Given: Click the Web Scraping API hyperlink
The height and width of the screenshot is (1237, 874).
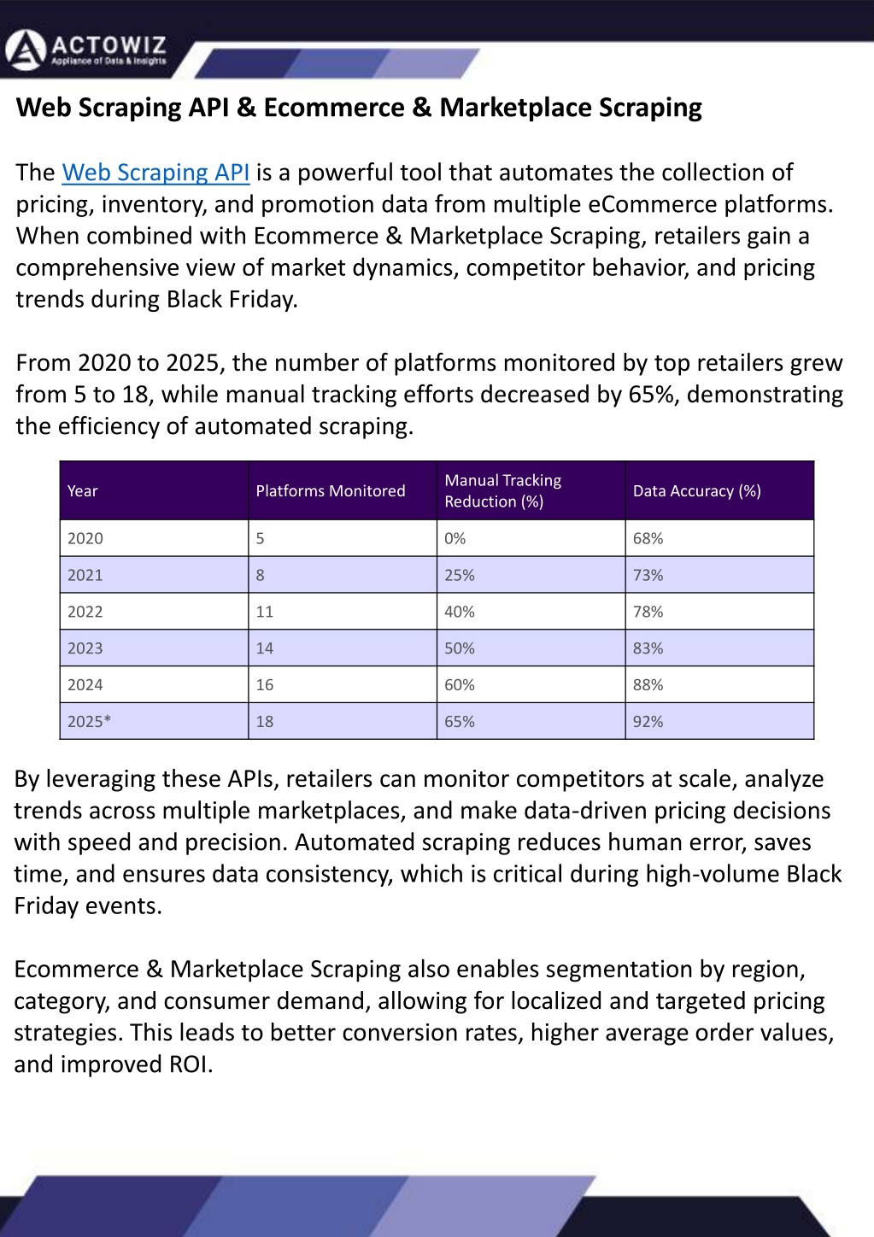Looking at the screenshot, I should (155, 173).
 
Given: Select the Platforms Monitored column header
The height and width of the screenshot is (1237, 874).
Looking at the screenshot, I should (331, 491).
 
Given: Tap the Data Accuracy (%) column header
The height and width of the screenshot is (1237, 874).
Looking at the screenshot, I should (696, 491).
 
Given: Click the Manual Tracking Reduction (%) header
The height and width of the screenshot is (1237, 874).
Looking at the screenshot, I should (502, 491).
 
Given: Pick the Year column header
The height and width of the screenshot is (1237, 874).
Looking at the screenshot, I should (83, 491).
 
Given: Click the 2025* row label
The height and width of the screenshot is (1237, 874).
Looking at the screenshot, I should (90, 722).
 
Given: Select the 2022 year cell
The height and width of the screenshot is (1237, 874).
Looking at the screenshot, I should (85, 613).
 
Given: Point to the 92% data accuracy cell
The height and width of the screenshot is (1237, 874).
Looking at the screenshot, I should (648, 722).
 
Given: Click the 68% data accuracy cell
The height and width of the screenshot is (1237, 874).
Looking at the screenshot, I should (648, 539).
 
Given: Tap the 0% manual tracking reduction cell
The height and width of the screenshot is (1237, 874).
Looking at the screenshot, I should (455, 539).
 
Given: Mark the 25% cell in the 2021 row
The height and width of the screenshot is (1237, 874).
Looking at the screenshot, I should (460, 576).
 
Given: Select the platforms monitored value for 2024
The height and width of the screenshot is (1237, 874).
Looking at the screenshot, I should (265, 685).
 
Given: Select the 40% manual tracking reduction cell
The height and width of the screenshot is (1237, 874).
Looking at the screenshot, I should (460, 613).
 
